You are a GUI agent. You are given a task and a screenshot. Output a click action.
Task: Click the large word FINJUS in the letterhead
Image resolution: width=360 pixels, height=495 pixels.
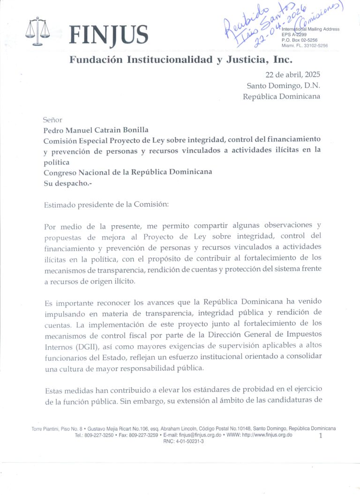[108, 35]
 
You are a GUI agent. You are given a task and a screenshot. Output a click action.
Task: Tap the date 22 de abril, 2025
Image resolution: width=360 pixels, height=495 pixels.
[293, 75]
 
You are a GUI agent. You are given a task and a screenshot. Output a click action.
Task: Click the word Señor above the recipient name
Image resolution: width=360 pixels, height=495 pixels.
[52, 119]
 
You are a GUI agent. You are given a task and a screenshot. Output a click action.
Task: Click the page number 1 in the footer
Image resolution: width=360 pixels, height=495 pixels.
[321, 436]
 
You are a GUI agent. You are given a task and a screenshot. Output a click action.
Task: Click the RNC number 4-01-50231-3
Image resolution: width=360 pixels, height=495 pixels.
[183, 441]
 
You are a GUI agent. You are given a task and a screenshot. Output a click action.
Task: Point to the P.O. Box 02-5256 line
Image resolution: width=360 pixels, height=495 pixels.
[300, 40]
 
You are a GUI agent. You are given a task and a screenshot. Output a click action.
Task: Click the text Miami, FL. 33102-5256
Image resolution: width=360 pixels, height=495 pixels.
[305, 45]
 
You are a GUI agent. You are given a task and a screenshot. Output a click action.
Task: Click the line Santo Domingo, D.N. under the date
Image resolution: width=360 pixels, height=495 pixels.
[283, 86]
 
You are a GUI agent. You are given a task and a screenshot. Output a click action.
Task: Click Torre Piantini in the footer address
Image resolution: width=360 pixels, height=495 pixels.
[46, 429]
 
